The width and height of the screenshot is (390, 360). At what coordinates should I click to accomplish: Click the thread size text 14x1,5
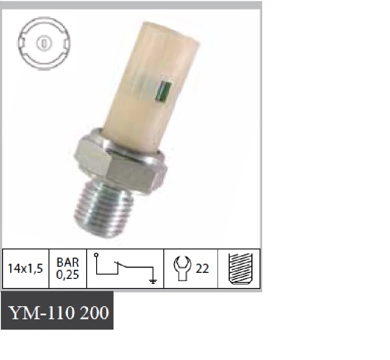[26, 268]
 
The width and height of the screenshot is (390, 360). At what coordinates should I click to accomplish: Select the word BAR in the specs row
[68, 262]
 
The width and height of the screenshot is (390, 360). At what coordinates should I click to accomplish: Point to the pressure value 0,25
[68, 275]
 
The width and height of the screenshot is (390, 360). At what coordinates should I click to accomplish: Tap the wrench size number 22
[202, 268]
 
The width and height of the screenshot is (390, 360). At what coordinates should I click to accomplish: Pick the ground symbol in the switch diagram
[153, 281]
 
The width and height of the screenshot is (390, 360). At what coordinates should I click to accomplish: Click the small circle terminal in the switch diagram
[96, 255]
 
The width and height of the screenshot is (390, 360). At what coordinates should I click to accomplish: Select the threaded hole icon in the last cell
[240, 268]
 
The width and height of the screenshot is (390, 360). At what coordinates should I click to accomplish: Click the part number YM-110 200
[58, 312]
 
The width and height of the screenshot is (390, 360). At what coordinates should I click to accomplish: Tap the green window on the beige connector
[163, 92]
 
